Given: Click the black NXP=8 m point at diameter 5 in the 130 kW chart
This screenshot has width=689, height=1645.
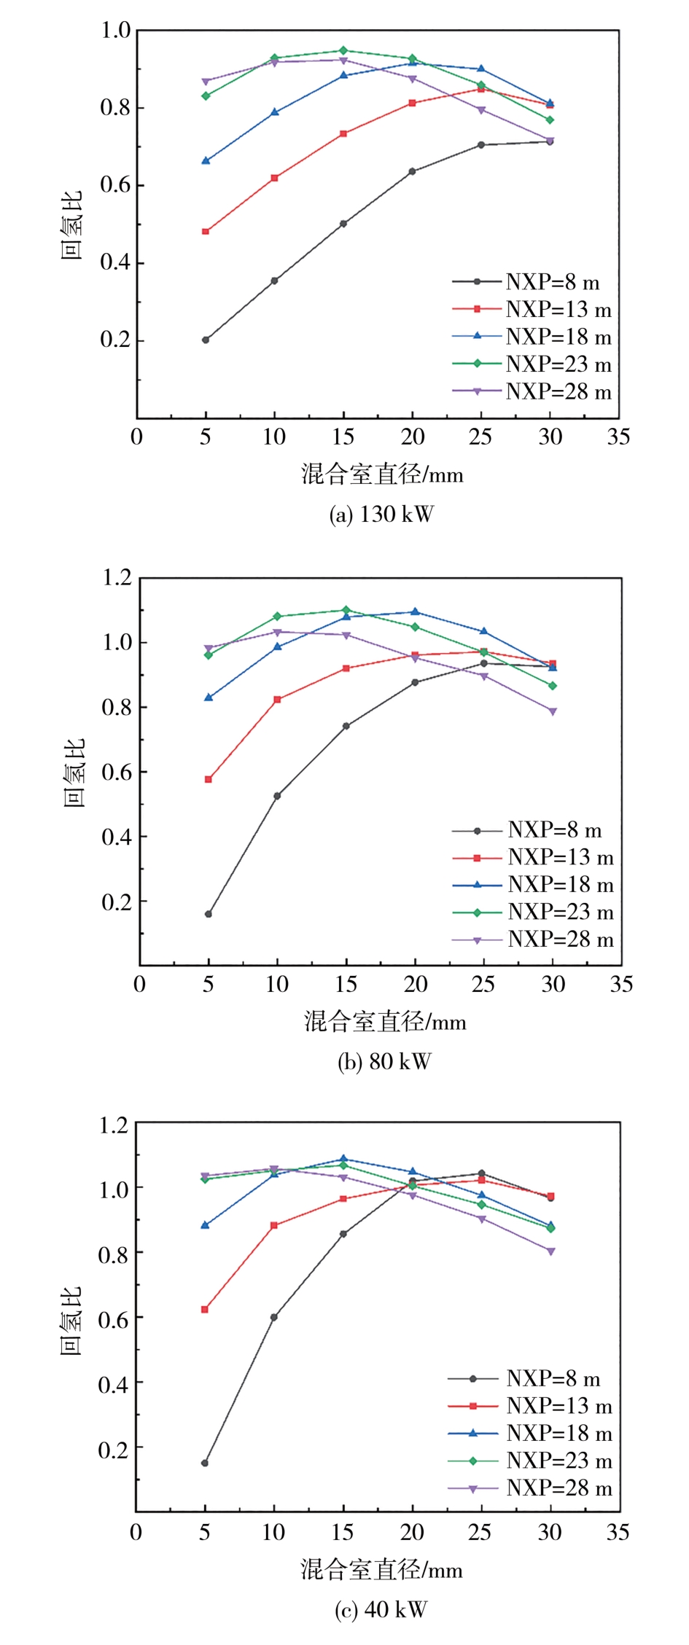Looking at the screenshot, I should tap(206, 340).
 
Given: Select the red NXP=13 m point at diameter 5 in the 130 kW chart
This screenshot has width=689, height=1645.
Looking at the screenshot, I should tap(206, 232).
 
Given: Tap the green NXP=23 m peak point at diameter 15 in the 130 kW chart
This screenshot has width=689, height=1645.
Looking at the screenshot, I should tap(343, 51).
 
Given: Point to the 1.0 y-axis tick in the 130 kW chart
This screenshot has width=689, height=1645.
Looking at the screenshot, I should tap(115, 31).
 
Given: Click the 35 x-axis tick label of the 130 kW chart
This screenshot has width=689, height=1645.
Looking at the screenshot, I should tap(618, 437).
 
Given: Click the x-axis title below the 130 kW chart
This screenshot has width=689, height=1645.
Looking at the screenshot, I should tap(382, 475).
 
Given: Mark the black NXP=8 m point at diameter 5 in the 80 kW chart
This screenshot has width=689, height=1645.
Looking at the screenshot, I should tap(209, 914).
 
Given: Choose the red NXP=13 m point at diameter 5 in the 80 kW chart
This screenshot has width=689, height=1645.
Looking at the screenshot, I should tap(209, 779).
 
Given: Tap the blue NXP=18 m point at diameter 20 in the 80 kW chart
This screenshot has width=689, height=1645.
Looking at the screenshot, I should tap(415, 611).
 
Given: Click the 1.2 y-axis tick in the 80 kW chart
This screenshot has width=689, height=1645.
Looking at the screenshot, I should tap(117, 578).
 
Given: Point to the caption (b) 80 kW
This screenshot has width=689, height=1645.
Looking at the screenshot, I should tap(384, 1062).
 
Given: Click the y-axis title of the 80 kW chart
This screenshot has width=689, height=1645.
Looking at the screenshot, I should tap(75, 773).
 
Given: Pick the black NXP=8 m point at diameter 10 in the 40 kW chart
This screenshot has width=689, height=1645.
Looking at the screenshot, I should tap(274, 1317).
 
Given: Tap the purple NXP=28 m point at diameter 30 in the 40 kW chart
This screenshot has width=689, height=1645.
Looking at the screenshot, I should tap(550, 1251).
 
